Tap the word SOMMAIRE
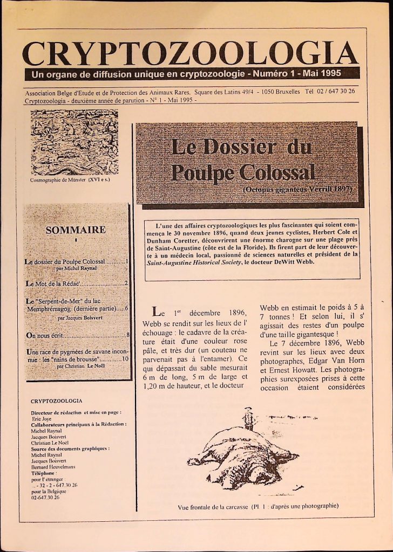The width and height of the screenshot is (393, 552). point(76,230)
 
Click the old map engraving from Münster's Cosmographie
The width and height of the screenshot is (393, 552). point(74,142)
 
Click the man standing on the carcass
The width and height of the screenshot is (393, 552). point(248,418)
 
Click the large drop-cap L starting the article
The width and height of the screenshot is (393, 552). point(157,312)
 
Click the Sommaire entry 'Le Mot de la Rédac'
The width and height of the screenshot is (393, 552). point(52,282)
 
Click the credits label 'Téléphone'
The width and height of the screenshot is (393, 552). point(44,472)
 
